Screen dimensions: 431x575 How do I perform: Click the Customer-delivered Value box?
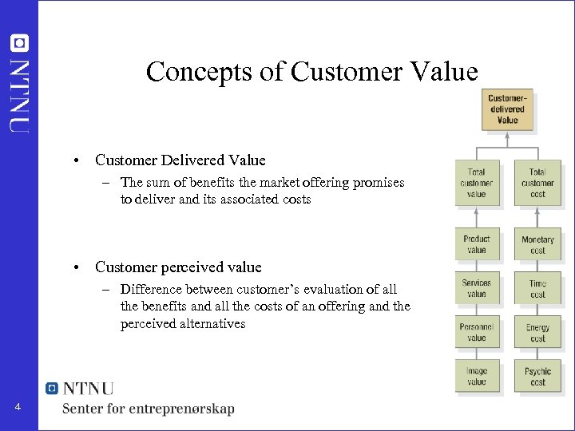(507, 109)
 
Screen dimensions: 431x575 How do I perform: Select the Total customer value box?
(476, 183)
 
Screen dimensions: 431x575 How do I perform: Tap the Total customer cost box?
(537, 183)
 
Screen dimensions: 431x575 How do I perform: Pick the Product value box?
(476, 244)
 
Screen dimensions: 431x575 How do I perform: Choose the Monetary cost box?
(537, 245)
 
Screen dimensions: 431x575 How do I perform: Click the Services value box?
(476, 288)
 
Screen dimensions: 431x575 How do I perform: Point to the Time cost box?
(537, 289)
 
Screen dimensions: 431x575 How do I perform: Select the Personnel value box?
(476, 332)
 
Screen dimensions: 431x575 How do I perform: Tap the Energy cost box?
(537, 333)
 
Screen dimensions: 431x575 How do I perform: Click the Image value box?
(476, 376)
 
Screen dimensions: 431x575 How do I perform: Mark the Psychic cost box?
(537, 377)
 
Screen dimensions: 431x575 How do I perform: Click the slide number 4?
(18, 408)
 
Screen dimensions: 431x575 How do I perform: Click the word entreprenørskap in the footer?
(184, 409)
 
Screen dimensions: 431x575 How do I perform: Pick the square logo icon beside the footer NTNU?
(53, 388)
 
